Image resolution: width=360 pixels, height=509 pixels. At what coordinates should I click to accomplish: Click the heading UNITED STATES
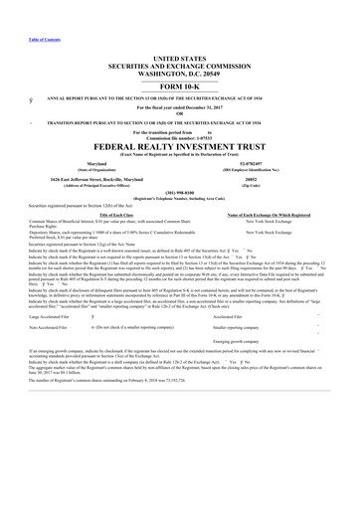pyautogui.click(x=180, y=61)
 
